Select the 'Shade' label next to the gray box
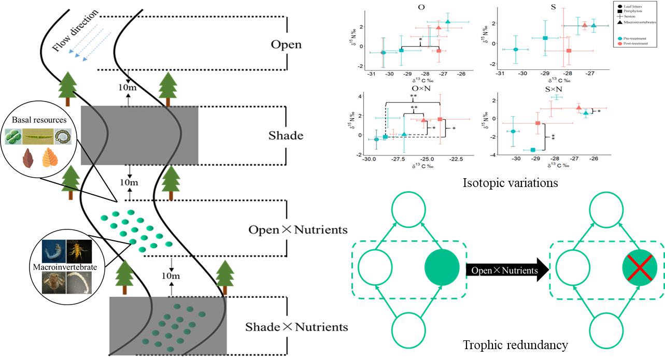pos(286,136)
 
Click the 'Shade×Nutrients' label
pos(296,327)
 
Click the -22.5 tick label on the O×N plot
pos(456,160)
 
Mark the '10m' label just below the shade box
pos(129,182)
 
